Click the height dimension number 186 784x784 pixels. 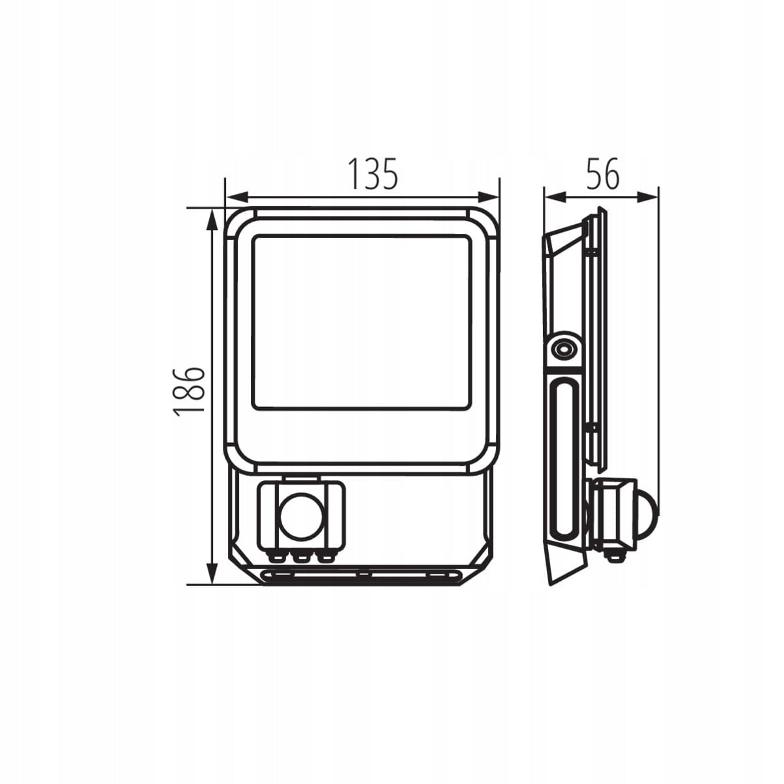[188, 391]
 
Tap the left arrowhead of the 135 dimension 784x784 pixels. [238, 197]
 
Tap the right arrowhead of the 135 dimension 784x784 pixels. [488, 197]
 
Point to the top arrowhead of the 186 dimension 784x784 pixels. [212, 221]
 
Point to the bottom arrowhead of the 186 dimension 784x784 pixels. [212, 573]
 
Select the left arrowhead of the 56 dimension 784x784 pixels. [556, 197]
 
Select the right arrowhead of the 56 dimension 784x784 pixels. [647, 197]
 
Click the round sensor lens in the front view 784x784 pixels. [301, 514]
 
